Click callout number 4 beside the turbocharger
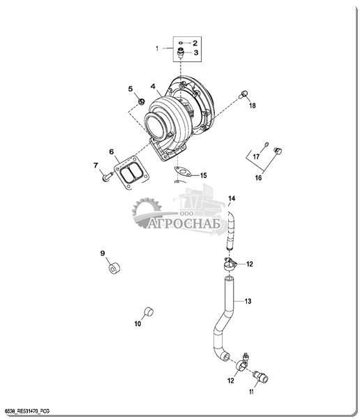coord(153,87)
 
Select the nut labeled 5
coord(141,101)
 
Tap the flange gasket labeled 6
coord(131,172)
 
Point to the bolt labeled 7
coord(107,177)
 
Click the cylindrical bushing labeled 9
coord(114,268)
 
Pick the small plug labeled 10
coord(148,312)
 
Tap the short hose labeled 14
coord(230,230)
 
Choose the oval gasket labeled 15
coord(183,172)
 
